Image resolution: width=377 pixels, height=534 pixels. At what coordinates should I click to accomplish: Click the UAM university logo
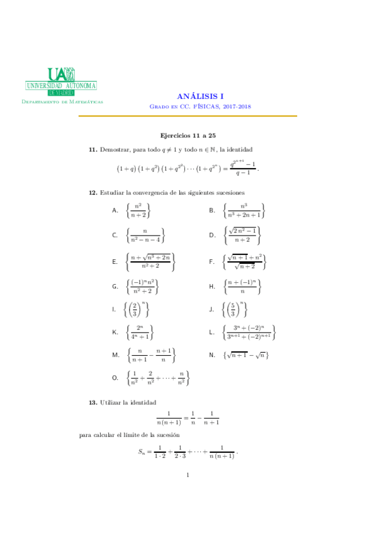click(x=61, y=81)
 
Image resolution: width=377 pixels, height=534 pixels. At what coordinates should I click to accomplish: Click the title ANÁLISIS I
click(x=200, y=96)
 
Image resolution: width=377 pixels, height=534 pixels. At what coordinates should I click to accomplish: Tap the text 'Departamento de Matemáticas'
click(x=62, y=101)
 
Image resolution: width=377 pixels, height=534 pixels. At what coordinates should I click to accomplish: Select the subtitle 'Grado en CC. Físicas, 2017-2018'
click(x=200, y=107)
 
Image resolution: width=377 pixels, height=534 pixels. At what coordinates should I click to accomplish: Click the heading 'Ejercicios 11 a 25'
click(x=188, y=135)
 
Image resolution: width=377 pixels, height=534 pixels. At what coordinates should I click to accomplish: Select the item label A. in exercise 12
click(x=115, y=211)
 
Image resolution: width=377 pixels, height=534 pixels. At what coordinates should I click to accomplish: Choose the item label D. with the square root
click(x=212, y=236)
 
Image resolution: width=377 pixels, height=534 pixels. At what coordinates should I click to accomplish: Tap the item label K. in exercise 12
click(x=115, y=331)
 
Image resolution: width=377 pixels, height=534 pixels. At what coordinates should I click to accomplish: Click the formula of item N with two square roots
click(x=246, y=356)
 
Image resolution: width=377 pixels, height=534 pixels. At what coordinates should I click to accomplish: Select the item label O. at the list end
click(x=115, y=378)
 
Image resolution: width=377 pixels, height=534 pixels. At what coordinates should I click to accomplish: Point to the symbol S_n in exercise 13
click(x=142, y=452)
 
